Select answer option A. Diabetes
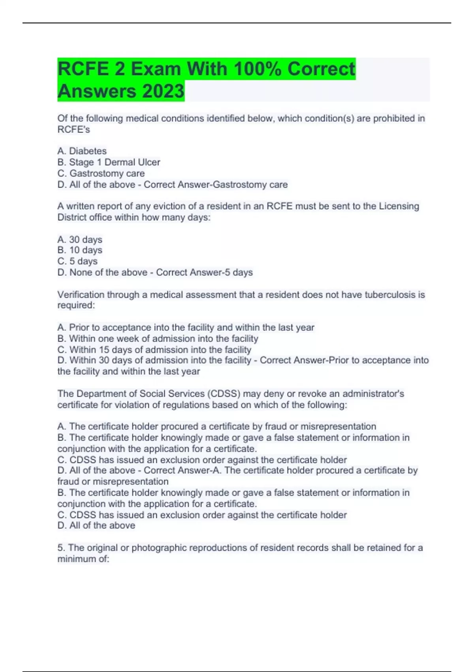pos(82,151)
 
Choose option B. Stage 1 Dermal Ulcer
pos(109,162)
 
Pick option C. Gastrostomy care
pos(101,173)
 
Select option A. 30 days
pos(80,240)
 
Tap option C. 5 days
pos(77,261)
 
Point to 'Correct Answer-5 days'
pos(204,272)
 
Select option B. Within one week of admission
pos(158,338)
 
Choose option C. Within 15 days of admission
pos(154,349)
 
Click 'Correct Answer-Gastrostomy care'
pos(216,185)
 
